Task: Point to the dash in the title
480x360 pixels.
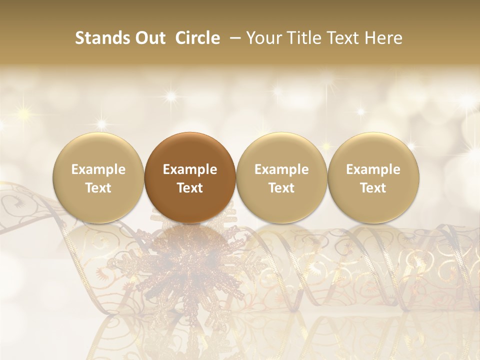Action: coord(233,38)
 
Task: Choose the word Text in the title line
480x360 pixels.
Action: coord(341,38)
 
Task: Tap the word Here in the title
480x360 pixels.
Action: coord(383,38)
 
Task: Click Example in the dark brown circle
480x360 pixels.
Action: coord(190,169)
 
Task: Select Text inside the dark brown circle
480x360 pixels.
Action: coord(190,188)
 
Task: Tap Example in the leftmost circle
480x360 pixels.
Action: coord(98,169)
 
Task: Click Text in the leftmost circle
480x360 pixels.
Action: coord(98,188)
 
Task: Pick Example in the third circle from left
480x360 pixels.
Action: coord(281,169)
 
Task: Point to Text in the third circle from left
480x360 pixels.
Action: coord(281,188)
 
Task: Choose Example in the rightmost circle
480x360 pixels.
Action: coord(373,169)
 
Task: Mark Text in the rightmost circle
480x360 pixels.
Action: coord(373,188)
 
